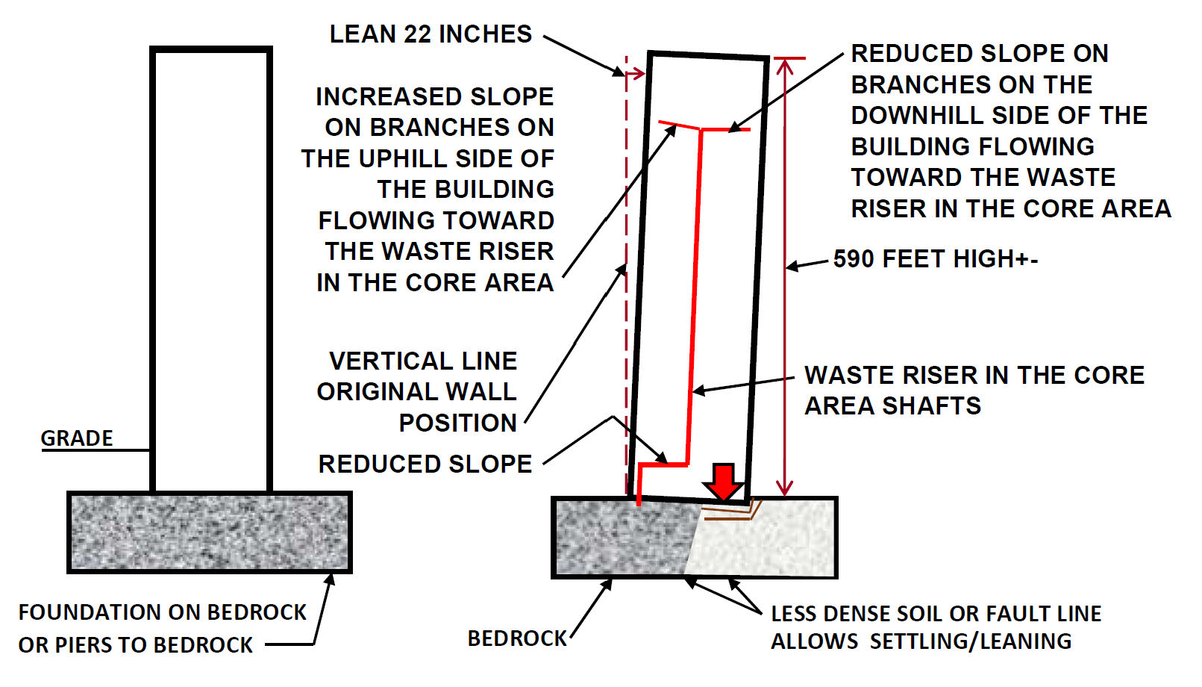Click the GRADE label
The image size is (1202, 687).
[77, 438]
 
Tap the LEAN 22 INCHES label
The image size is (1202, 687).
[431, 34]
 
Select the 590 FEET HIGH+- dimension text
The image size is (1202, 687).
[936, 259]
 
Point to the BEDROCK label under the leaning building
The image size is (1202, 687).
[517, 638]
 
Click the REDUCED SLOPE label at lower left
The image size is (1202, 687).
[425, 464]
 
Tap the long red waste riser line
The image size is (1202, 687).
[697, 299]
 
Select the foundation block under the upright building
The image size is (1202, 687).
[209, 532]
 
